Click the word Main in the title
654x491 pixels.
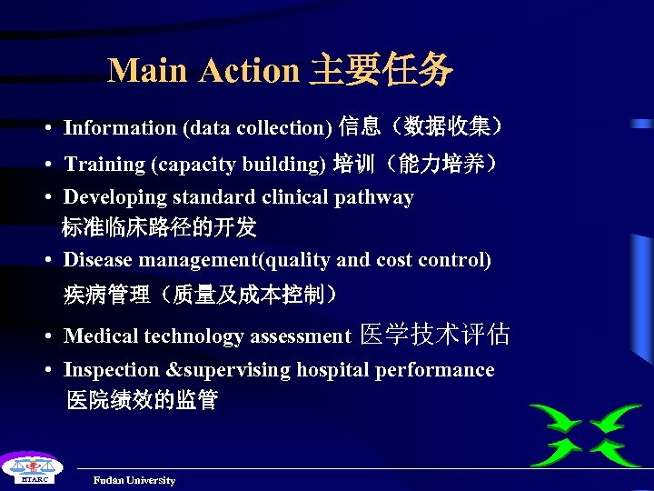[x=149, y=70]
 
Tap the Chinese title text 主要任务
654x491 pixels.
[x=381, y=70]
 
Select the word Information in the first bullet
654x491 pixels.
[x=120, y=128]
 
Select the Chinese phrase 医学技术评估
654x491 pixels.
[x=435, y=336]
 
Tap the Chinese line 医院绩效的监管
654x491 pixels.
[x=142, y=400]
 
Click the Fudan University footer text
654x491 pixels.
[x=134, y=480]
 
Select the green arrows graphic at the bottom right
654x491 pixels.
[x=585, y=435]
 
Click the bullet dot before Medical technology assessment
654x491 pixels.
[x=45, y=337]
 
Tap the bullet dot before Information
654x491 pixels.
[x=45, y=129]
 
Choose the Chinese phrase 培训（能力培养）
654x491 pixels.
[x=417, y=164]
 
